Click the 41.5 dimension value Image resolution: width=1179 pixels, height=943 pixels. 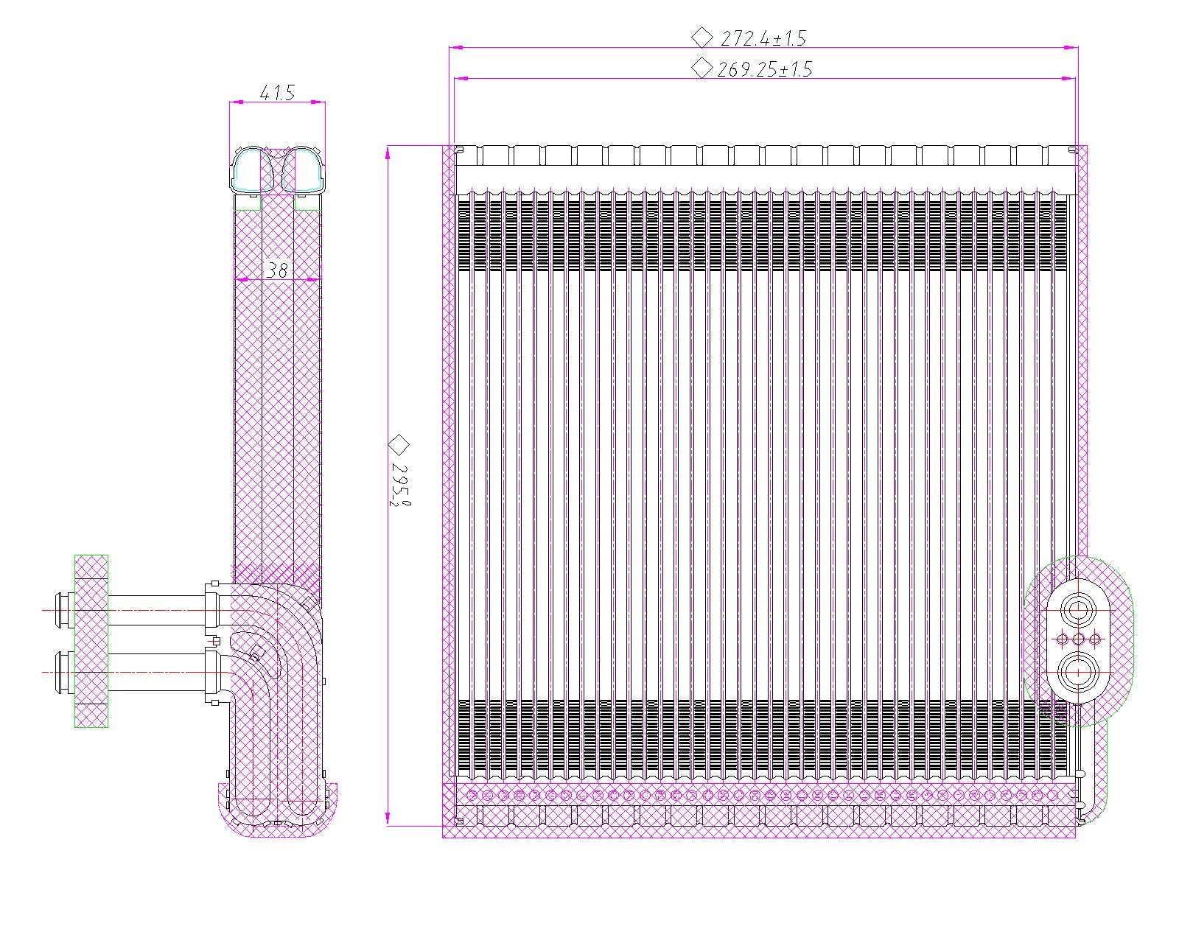(x=277, y=92)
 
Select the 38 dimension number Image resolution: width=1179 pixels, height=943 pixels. (x=276, y=270)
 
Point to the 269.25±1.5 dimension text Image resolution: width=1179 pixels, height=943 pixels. (x=764, y=69)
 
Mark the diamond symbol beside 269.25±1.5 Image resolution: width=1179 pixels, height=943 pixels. (x=702, y=68)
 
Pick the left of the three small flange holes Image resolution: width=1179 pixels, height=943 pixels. (x=1062, y=639)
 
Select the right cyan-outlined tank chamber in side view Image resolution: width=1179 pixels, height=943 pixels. (x=304, y=169)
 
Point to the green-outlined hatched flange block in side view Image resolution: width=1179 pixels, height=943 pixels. (x=91, y=641)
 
